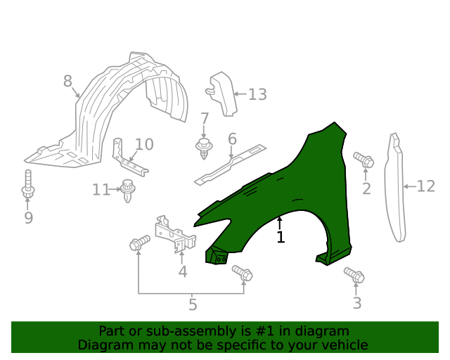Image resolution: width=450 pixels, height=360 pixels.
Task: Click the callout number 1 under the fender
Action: [x=281, y=238]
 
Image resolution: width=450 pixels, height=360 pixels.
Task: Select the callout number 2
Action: [x=366, y=188]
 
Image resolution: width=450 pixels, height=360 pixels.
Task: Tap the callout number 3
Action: [x=356, y=303]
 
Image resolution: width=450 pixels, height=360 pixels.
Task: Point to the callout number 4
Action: [x=183, y=271]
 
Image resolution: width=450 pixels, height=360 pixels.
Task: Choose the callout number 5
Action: [x=193, y=304]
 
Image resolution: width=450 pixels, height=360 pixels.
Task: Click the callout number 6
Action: [x=232, y=139]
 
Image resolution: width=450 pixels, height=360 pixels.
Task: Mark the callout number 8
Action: [x=67, y=81]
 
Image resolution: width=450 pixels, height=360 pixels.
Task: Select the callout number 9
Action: [x=28, y=218]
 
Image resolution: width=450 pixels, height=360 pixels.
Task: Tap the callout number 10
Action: [x=143, y=144]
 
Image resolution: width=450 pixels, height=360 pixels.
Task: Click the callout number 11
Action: [x=101, y=189]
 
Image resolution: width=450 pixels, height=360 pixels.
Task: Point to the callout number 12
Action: [x=426, y=186]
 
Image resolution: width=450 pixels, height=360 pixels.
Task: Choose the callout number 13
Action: [x=257, y=94]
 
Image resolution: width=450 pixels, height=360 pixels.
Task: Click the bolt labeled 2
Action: [x=364, y=160]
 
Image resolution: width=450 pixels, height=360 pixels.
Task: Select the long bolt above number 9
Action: [x=28, y=184]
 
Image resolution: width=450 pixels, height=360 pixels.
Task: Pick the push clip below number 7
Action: [x=204, y=148]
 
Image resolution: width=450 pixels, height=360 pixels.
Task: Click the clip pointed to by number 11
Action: [x=127, y=190]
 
